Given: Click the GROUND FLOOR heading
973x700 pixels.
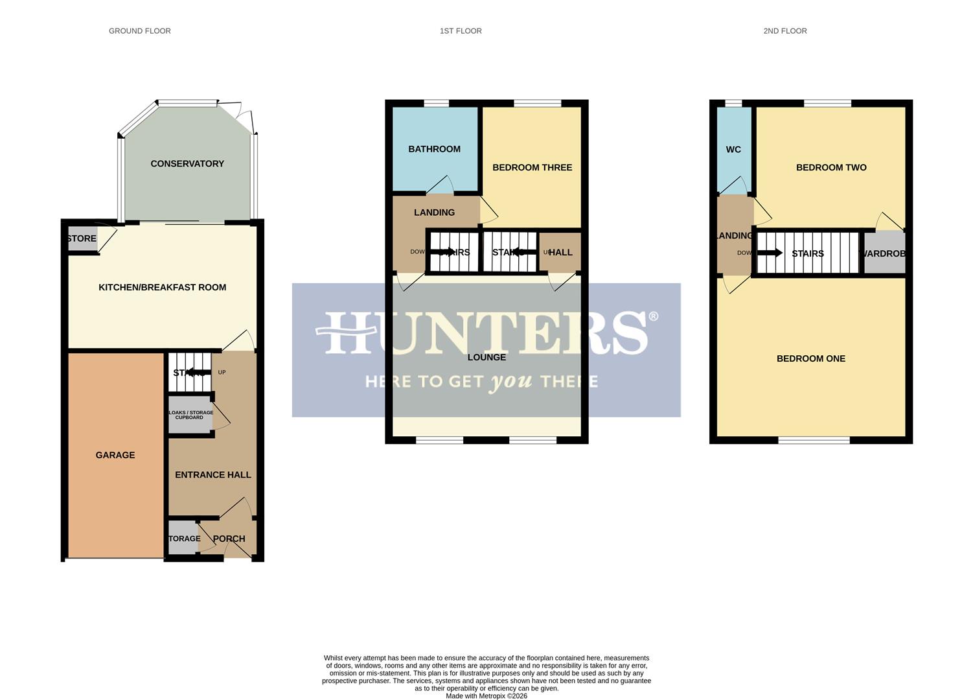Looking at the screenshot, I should point(139,31).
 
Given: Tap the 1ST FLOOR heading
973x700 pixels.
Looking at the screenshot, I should point(461,31).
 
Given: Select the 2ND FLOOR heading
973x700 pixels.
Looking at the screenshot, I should point(784,31).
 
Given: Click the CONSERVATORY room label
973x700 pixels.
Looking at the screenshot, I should point(187,164).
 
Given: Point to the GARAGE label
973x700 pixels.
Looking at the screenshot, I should point(115,455).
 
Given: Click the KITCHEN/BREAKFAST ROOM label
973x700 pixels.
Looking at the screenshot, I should point(162,287).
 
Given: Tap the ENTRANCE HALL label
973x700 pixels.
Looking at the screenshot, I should point(212,474).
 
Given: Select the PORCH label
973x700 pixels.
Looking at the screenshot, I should point(229,539).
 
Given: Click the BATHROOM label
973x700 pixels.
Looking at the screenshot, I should point(434,149).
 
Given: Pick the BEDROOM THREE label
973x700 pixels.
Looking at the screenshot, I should point(532,167).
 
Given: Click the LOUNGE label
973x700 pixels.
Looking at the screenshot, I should point(486,357).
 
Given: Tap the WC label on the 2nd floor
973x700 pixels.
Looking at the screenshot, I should point(733,150).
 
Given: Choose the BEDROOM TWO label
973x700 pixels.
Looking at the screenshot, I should point(831,167).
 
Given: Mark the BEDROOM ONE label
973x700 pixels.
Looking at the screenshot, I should point(810,358).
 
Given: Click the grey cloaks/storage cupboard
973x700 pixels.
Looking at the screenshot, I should point(190,415).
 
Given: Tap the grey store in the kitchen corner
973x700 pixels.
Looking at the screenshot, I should point(82,239).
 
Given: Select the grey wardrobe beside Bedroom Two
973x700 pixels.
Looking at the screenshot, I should point(884,253).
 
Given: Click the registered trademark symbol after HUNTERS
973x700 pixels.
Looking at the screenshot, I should point(653,316).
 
